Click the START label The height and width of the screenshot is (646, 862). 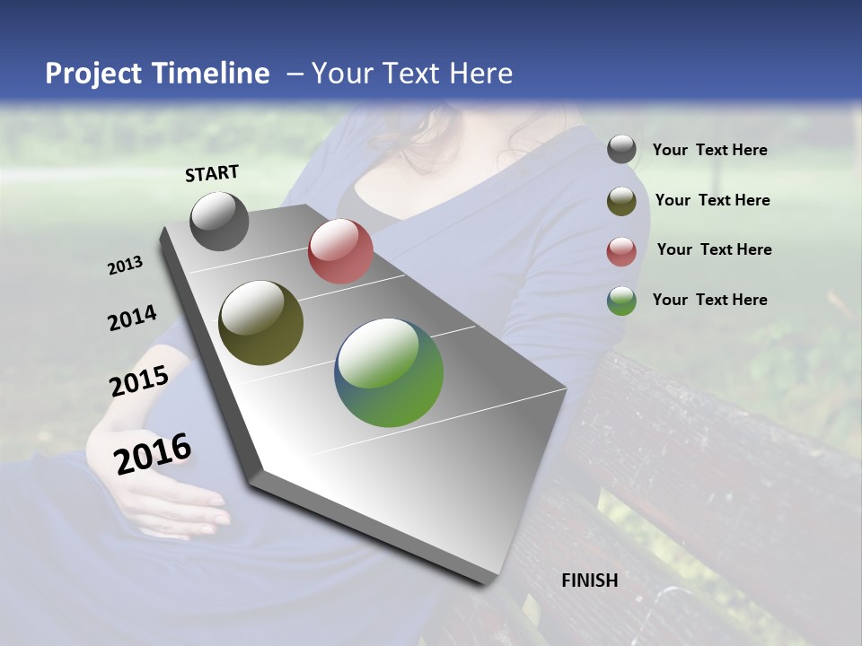click(x=212, y=173)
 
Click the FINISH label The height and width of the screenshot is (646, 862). click(x=590, y=581)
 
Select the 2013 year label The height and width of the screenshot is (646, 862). click(x=126, y=266)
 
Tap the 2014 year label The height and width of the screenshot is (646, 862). click(x=132, y=319)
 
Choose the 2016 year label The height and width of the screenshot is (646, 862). click(x=154, y=454)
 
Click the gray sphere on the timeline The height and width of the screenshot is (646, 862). click(x=220, y=222)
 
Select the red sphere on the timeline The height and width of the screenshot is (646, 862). click(x=340, y=251)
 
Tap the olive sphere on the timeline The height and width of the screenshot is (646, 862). click(x=260, y=323)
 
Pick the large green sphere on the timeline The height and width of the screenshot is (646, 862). click(x=389, y=372)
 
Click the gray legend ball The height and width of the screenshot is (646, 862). click(x=621, y=150)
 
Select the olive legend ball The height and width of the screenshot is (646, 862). click(x=621, y=201)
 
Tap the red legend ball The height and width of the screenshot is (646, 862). click(x=621, y=251)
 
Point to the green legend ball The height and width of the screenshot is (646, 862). click(x=621, y=301)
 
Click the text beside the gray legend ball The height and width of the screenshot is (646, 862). click(x=709, y=151)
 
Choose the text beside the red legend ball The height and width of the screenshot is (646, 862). click(x=714, y=249)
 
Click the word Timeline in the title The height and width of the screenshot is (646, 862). click(x=211, y=74)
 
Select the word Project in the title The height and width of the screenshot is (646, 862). click(x=92, y=74)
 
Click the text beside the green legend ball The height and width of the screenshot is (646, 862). click(x=709, y=300)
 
